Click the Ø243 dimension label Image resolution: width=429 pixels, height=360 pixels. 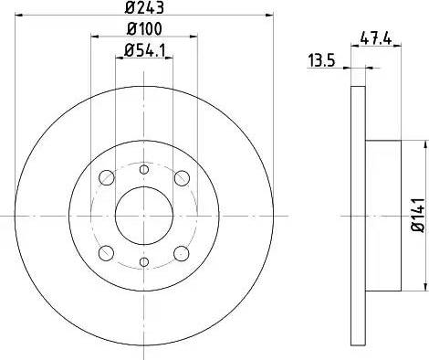coord(144,7)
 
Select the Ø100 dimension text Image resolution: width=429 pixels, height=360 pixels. coord(144,29)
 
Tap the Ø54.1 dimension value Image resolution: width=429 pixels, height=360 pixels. coord(144,50)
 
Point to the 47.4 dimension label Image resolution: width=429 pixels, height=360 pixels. coord(376,38)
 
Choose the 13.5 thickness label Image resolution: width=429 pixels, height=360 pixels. coord(322,60)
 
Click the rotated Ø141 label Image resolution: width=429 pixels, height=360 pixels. coord(418,215)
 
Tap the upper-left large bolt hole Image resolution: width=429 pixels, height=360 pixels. coord(107,177)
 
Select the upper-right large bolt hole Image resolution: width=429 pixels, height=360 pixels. coord(182,178)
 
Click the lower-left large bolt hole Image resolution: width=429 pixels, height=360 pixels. coord(106,253)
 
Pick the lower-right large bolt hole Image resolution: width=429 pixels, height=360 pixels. coord(182,253)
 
